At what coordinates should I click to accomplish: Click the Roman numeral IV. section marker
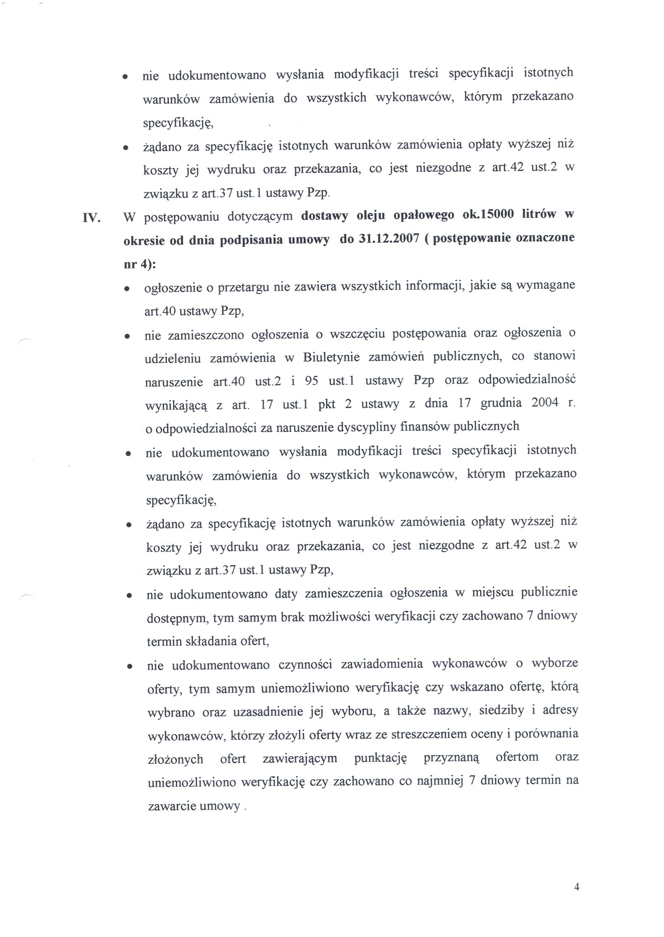(91, 217)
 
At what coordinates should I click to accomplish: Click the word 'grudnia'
(501, 403)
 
